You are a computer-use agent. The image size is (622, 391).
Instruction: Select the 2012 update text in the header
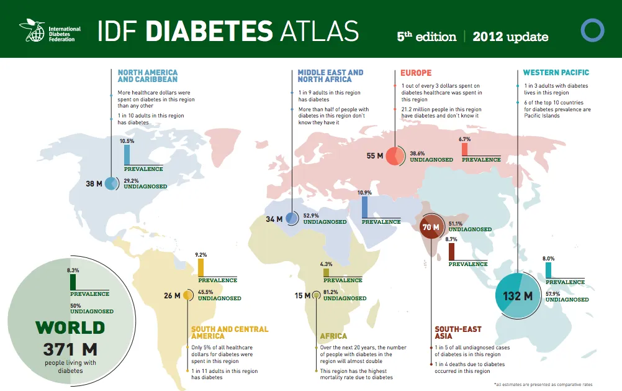(510, 37)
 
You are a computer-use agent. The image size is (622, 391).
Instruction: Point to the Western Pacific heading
(556, 73)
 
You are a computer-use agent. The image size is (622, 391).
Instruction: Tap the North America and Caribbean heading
(147, 76)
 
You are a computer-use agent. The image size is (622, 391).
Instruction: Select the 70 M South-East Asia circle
(431, 228)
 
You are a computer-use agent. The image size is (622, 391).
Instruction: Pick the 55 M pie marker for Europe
(395, 156)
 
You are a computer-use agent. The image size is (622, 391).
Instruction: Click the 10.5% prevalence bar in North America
(127, 154)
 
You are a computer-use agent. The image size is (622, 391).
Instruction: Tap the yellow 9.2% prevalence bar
(201, 267)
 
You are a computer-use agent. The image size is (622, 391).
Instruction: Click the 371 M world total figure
(70, 349)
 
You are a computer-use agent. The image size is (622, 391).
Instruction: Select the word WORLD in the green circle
(70, 328)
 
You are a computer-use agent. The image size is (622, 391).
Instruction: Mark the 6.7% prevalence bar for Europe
(464, 149)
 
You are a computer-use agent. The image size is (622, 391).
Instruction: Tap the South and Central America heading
(230, 333)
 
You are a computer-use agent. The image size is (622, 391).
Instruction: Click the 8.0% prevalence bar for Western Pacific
(548, 270)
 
